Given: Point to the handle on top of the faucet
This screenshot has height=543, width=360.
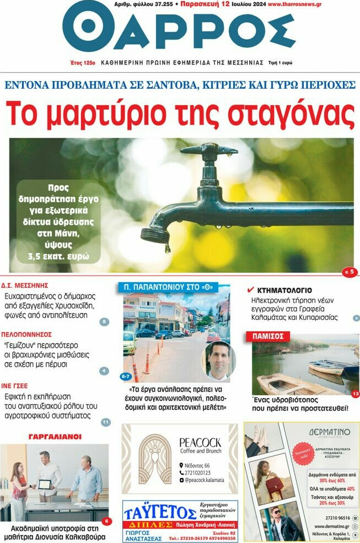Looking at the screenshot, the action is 209,149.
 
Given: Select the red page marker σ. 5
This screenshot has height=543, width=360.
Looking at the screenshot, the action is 349,271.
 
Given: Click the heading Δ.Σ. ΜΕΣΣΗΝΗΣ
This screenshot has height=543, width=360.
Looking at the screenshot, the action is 25,286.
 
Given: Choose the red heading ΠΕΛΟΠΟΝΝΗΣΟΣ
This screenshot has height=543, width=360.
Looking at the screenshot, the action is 26,334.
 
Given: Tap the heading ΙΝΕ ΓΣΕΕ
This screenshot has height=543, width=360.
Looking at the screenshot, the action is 14,386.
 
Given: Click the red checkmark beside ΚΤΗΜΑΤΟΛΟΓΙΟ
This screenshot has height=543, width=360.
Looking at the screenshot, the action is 250,289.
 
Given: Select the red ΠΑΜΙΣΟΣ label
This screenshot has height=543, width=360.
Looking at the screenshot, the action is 268,336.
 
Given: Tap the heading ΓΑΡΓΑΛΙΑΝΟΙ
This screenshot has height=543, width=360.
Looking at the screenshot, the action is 55,437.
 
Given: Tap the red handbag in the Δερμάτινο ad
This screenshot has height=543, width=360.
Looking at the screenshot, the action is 274,485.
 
